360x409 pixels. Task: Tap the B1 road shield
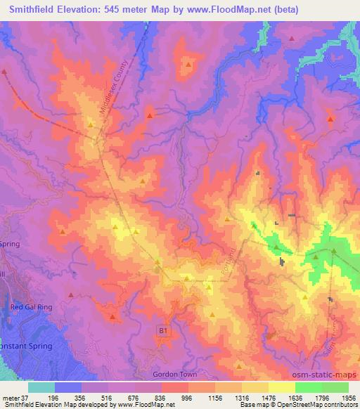[162, 329]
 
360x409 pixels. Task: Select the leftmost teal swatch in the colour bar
[41, 387]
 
